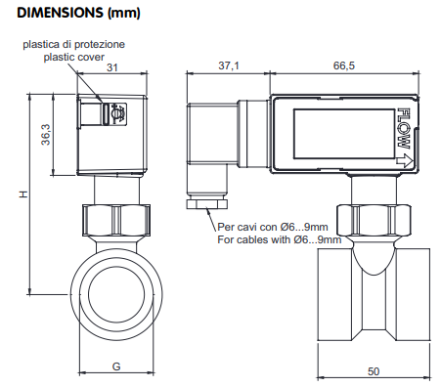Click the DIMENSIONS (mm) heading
click(x=78, y=13)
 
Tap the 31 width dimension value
click(x=112, y=67)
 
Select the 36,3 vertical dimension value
click(x=46, y=135)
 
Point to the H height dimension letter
click(x=23, y=194)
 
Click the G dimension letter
click(x=116, y=366)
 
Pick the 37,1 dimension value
click(x=229, y=65)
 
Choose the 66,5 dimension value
click(x=344, y=65)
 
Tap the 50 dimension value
click(x=374, y=371)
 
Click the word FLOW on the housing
click(x=404, y=129)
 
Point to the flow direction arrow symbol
click(x=405, y=160)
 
